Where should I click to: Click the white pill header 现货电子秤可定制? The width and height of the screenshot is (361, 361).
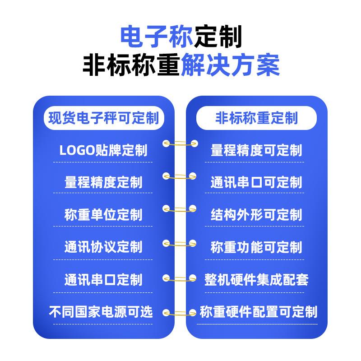pos(103,118)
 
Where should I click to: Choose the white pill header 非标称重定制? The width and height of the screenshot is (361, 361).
pos(256,118)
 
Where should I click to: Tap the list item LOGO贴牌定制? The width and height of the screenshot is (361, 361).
pos(103,150)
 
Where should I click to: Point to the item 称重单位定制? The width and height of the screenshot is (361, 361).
pos(103,215)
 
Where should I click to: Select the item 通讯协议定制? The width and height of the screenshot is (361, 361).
pos(103,247)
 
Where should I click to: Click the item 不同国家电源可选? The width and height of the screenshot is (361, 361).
pos(101,311)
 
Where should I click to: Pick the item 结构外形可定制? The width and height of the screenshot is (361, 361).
pos(256,215)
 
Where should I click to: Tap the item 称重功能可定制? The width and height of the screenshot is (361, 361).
pos(256,247)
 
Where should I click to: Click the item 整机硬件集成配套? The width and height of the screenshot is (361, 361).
pos(256,279)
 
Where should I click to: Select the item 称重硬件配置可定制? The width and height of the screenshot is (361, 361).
pos(258,311)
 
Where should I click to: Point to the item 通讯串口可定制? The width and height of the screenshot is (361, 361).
pos(256,182)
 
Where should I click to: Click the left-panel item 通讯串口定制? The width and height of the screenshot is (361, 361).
pos(103,279)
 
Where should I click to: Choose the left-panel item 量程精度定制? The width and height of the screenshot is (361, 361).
pos(103,182)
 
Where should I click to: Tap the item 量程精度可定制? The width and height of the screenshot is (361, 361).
pos(256,150)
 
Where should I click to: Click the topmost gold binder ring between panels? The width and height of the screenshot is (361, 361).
pos(180,144)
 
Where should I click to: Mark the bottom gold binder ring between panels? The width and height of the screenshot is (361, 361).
pos(180,312)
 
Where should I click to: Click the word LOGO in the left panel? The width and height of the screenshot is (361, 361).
pos(77,150)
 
